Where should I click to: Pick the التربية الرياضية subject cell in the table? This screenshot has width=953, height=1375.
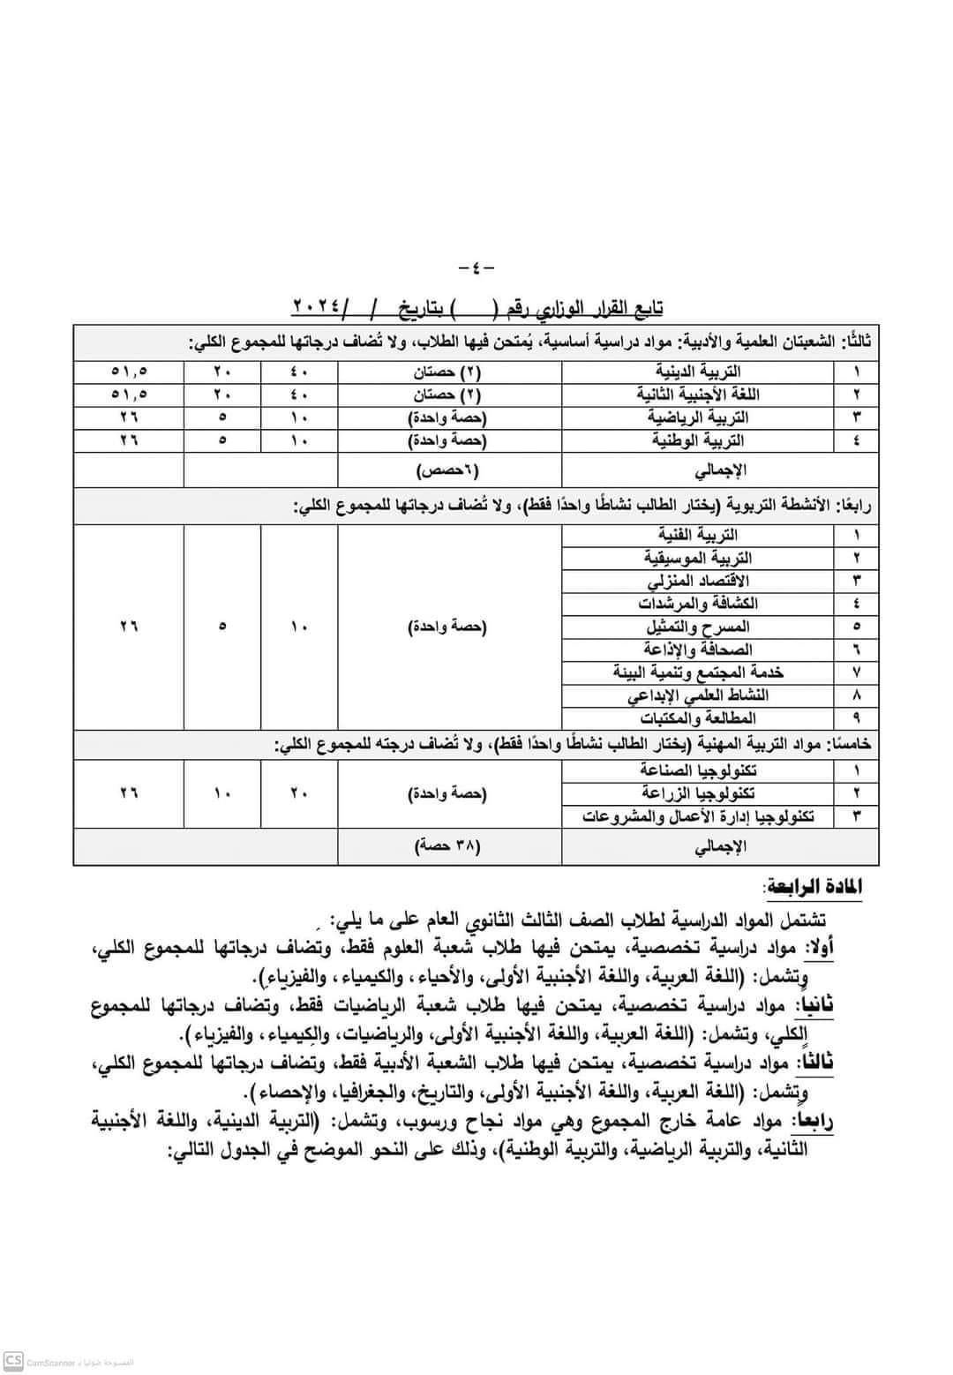pos(698,417)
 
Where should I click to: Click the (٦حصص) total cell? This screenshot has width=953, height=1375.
pos(449,470)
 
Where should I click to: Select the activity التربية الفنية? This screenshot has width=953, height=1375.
pos(698,535)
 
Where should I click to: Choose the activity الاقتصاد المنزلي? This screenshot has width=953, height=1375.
pos(698,581)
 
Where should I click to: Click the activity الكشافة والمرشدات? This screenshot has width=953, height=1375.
pos(698,604)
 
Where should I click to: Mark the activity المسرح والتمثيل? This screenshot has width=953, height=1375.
pos(698,627)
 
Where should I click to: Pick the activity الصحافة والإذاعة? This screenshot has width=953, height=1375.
pos(698,650)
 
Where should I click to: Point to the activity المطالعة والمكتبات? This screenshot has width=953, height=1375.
pos(698,718)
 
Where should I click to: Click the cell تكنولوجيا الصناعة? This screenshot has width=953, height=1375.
pos(698,770)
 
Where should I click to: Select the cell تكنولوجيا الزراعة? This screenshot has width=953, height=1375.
pos(698,793)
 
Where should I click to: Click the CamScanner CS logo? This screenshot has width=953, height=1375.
pos(13,1362)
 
